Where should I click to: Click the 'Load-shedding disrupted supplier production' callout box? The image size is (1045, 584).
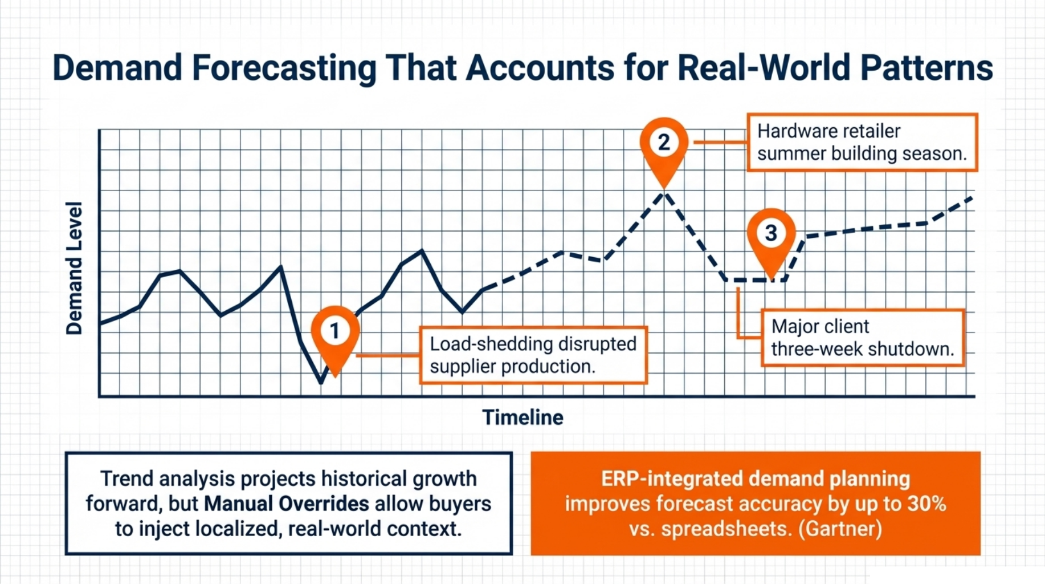(x=533, y=355)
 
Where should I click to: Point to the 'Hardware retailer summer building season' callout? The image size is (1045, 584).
(x=862, y=143)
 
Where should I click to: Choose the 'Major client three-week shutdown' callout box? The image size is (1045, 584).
(x=863, y=338)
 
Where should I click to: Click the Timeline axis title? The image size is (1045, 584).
(x=522, y=417)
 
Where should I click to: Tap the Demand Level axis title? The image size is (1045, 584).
(x=74, y=268)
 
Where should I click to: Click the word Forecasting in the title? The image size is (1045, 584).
(x=284, y=68)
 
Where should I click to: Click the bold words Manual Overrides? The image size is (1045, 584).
(x=287, y=504)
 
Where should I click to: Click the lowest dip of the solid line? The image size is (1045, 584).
(x=321, y=383)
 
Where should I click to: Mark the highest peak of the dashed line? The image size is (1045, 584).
(x=664, y=194)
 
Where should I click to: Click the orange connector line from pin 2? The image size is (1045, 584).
(x=719, y=142)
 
